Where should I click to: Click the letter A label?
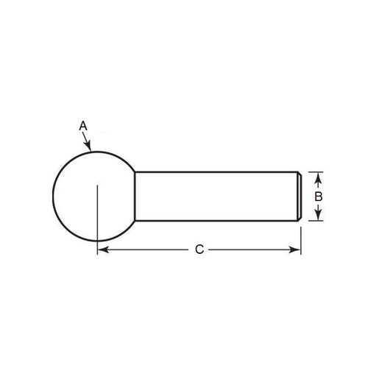83,127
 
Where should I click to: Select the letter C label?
199,250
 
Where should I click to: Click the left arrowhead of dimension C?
102,250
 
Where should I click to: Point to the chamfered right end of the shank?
300,195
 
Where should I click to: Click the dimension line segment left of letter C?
147,250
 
